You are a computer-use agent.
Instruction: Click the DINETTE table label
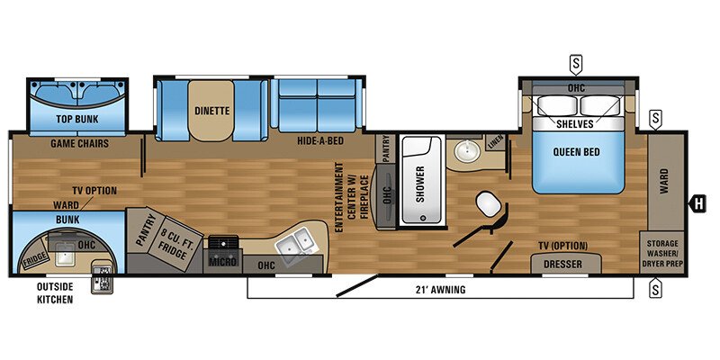pyautogui.click(x=212, y=112)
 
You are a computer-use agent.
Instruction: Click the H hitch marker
pyautogui.click(x=697, y=202)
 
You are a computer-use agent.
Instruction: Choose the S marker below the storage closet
pyautogui.click(x=655, y=290)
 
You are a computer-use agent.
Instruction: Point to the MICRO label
pyautogui.click(x=222, y=262)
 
